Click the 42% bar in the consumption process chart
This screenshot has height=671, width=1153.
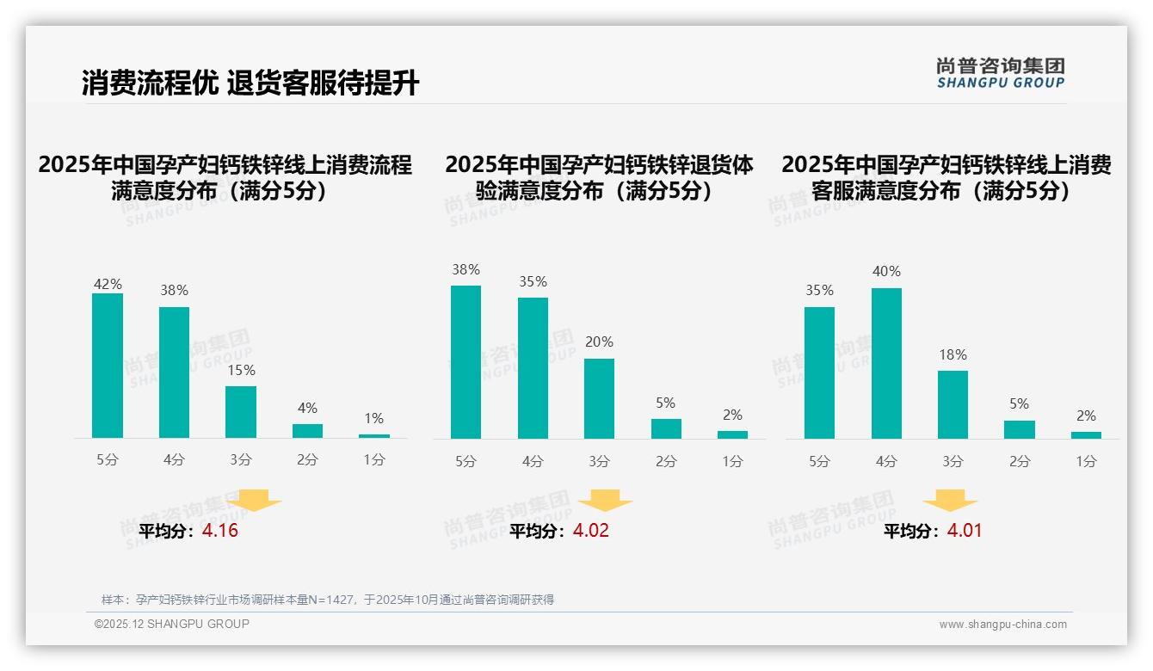pyautogui.click(x=108, y=366)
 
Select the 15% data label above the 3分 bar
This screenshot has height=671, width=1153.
pyautogui.click(x=241, y=371)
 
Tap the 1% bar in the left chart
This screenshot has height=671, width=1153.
pyautogui.click(x=374, y=436)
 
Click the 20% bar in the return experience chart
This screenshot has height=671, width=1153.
pyautogui.click(x=599, y=398)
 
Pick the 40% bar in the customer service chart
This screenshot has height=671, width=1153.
pyautogui.click(x=886, y=363)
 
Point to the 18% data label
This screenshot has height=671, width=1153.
pyautogui.click(x=953, y=354)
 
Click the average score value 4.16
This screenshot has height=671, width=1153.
pyautogui.click(x=220, y=531)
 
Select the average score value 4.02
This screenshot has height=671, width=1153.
pyautogui.click(x=591, y=531)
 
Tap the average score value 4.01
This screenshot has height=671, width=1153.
pyautogui.click(x=965, y=531)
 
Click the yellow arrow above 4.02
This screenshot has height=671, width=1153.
pyautogui.click(x=606, y=500)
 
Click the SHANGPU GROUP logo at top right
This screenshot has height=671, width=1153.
pyautogui.click(x=1001, y=73)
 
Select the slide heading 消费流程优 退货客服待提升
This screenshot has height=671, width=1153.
pyautogui.click(x=250, y=83)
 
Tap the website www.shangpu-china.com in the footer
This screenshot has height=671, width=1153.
pyautogui.click(x=1002, y=625)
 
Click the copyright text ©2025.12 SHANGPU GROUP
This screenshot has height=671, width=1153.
pyautogui.click(x=172, y=624)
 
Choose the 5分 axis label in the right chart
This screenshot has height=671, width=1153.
pyautogui.click(x=819, y=462)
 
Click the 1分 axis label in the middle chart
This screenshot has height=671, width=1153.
pyautogui.click(x=732, y=462)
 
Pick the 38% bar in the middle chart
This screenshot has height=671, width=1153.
pyautogui.click(x=466, y=361)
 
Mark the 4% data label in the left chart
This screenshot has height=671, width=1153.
pyautogui.click(x=307, y=408)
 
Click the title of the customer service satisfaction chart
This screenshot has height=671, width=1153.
pyautogui.click(x=946, y=177)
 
